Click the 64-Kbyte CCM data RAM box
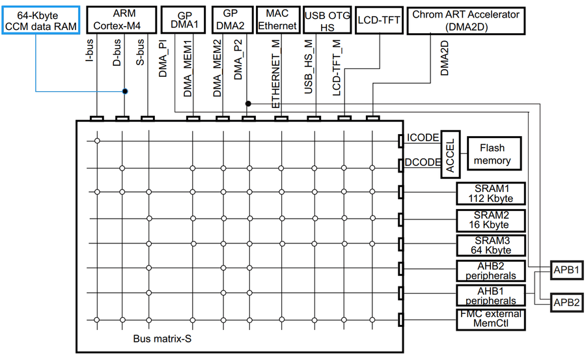[40, 20]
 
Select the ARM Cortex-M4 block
[121, 20]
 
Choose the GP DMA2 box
[230, 20]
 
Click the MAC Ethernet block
[277, 20]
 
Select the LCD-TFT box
[378, 20]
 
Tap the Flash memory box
[492, 154]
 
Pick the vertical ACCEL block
[451, 154]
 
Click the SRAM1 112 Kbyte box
[492, 193]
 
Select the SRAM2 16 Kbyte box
[492, 220]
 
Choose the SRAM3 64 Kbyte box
[492, 245]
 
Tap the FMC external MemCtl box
[492, 319]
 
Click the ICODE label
[422, 138]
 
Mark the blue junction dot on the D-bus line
[125, 91]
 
